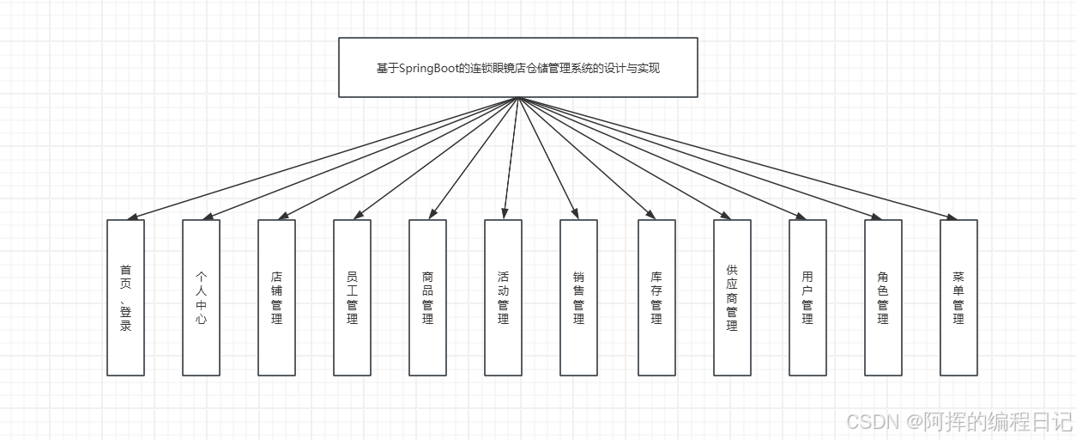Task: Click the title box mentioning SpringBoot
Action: point(517,67)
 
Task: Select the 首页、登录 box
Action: point(125,297)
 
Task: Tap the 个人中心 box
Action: point(201,297)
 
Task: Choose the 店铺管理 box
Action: point(276,297)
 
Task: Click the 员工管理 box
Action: point(352,297)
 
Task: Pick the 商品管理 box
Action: point(427,297)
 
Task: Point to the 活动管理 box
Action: point(503,297)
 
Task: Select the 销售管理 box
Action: point(578,297)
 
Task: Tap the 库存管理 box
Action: point(656,297)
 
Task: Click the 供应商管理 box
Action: point(732,297)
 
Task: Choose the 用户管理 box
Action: point(807,297)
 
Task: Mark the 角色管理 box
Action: point(883,297)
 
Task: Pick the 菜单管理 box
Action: point(958,297)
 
